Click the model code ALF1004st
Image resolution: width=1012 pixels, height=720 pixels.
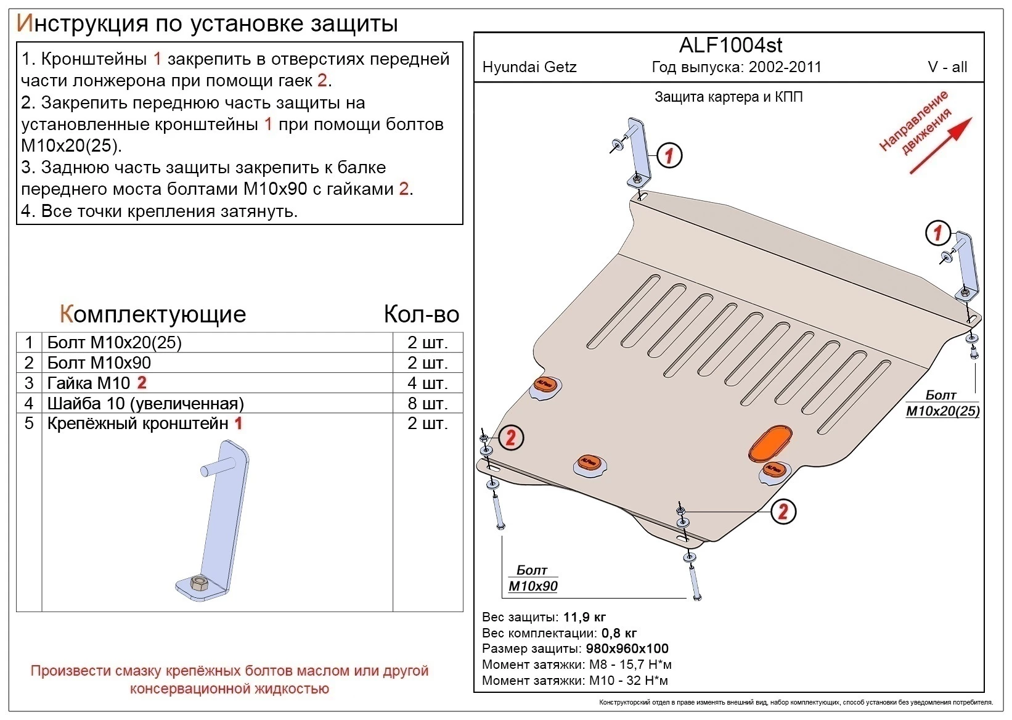pos(730,45)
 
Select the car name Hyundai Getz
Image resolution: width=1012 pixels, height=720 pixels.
pos(529,67)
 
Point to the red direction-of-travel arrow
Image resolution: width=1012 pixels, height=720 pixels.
pos(941,145)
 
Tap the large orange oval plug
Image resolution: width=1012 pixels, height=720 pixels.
pos(770,441)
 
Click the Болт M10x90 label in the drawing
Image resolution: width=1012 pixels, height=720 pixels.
pos(533,578)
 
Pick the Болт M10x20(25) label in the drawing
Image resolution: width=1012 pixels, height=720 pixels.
pos(942,403)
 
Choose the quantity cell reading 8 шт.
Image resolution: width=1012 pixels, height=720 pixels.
pos(427,403)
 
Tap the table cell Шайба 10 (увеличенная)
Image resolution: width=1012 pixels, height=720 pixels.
pos(145,403)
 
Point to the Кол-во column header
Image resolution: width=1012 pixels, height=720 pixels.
pos(422,314)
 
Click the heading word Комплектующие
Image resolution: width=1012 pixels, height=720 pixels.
pos(153,314)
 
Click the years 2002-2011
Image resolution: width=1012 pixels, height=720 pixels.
pos(785,67)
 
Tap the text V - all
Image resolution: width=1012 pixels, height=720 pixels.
pos(947,67)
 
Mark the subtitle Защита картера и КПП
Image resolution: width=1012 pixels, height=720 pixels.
pos(728,97)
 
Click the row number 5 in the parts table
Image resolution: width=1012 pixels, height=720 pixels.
pos(29,423)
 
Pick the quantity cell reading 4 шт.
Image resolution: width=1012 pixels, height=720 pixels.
pos(427,383)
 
